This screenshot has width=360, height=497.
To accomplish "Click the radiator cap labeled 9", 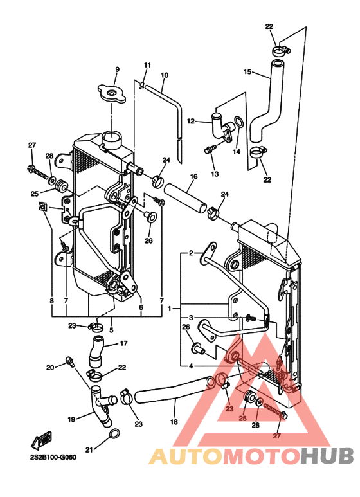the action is pos(112,93).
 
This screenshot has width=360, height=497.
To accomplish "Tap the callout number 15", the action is pos(248,72).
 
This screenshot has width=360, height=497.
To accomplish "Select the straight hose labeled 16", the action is pos(184,199).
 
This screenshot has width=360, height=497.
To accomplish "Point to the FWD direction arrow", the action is pos(41,440).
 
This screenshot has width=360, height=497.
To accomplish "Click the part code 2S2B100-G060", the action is pos(53,458).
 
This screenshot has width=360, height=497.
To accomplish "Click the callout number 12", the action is pos(191,121).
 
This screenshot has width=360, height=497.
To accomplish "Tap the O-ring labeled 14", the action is pos(239,123).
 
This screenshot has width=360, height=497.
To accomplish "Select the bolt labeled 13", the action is pos(210,149).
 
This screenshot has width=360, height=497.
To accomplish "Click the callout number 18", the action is pos(174,422).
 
